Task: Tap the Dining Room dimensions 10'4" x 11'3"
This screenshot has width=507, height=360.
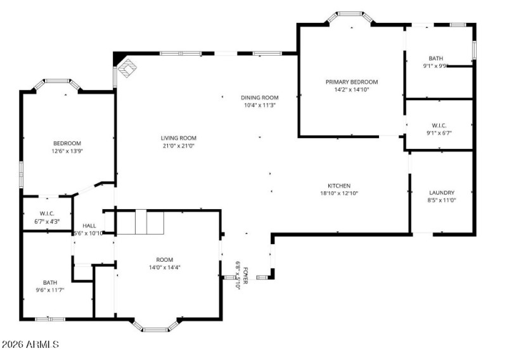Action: click(260, 106)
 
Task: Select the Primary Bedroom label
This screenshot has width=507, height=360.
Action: click(351, 82)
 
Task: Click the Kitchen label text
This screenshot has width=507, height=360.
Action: click(339, 186)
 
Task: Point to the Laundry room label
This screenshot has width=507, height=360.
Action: click(442, 193)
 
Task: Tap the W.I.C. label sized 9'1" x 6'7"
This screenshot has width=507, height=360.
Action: click(439, 125)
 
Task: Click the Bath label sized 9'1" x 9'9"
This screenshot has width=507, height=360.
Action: click(435, 58)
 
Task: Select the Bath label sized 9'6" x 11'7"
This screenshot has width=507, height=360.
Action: click(49, 283)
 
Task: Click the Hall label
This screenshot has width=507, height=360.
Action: click(89, 226)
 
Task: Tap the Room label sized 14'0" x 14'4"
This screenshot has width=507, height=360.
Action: click(164, 260)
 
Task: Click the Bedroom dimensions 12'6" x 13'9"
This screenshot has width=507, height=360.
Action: click(67, 151)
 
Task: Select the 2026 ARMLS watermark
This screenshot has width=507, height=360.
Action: click(30, 345)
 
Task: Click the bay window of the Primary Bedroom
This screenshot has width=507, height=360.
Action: click(349, 15)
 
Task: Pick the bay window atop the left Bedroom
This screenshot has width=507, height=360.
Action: click(56, 82)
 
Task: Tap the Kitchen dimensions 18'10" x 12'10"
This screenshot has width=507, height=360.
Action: click(339, 194)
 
